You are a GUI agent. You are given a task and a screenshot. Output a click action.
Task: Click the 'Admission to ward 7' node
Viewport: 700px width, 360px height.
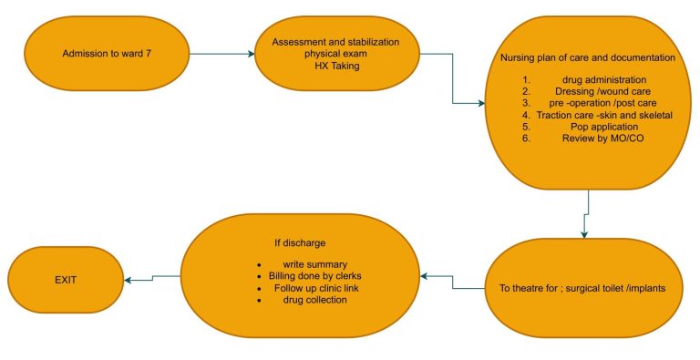pyautogui.click(x=107, y=54)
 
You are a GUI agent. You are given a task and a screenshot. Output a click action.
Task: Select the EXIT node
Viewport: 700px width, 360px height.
pyautogui.click(x=66, y=280)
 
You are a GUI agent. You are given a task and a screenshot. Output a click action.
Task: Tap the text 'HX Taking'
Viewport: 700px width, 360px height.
pyautogui.click(x=336, y=67)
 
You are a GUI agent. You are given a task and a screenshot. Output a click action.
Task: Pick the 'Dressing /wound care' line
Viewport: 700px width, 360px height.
pyautogui.click(x=602, y=91)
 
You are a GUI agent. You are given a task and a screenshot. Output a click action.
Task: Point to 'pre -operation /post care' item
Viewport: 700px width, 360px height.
pyautogui.click(x=603, y=103)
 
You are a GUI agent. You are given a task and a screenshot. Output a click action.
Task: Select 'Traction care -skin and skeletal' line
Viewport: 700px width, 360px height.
pyautogui.click(x=604, y=115)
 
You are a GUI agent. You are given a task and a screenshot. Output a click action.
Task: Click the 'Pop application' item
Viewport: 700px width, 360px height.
pyautogui.click(x=604, y=127)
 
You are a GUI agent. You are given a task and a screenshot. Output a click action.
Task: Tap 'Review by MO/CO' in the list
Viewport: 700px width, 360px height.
pyautogui.click(x=603, y=139)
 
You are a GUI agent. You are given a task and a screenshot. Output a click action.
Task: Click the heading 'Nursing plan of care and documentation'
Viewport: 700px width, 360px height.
pyautogui.click(x=588, y=57)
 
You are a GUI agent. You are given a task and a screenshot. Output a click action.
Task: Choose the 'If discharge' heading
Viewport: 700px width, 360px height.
pyautogui.click(x=300, y=243)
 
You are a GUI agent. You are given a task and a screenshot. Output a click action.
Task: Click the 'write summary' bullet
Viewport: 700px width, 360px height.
pyautogui.click(x=315, y=264)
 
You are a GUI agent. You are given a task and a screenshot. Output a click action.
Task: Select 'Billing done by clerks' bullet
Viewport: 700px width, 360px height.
pyautogui.click(x=315, y=276)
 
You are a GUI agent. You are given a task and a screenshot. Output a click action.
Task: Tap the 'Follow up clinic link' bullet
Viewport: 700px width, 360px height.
pyautogui.click(x=316, y=288)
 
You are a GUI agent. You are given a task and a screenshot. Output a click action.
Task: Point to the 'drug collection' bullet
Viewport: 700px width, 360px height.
pyautogui.click(x=315, y=300)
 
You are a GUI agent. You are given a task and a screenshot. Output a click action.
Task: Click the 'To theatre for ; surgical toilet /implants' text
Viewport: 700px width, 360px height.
pyautogui.click(x=582, y=288)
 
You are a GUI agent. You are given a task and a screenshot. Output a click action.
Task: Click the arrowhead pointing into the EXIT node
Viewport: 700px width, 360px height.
pyautogui.click(x=128, y=280)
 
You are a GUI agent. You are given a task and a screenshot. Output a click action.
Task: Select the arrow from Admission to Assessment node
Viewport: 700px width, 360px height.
pyautogui.click(x=222, y=54)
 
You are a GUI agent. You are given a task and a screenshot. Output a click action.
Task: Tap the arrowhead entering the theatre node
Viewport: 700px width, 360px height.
pyautogui.click(x=584, y=235)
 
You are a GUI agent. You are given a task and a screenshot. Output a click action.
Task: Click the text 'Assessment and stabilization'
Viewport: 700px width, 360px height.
pyautogui.click(x=335, y=43)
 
